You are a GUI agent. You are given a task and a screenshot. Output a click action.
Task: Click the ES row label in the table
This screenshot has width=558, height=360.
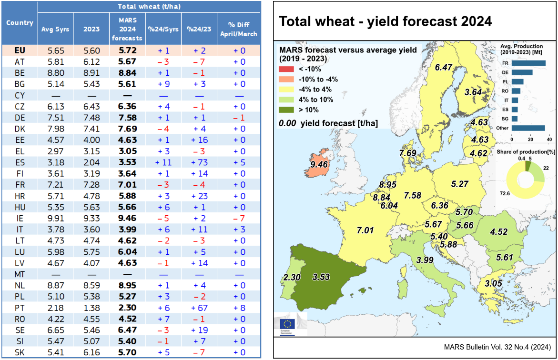(x=20, y=162)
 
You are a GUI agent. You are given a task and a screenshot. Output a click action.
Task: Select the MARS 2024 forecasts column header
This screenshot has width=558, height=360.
(x=128, y=29)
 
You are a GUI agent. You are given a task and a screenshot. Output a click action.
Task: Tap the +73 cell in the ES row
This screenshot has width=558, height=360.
(x=200, y=162)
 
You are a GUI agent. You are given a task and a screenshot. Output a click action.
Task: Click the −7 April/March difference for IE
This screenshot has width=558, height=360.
(x=239, y=218)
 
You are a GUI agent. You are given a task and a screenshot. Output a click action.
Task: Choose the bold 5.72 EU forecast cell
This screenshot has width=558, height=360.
(x=128, y=50)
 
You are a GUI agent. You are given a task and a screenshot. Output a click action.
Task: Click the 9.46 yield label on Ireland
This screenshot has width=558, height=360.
(x=319, y=165)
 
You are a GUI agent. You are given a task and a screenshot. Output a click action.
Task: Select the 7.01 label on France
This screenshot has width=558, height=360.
(x=365, y=230)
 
